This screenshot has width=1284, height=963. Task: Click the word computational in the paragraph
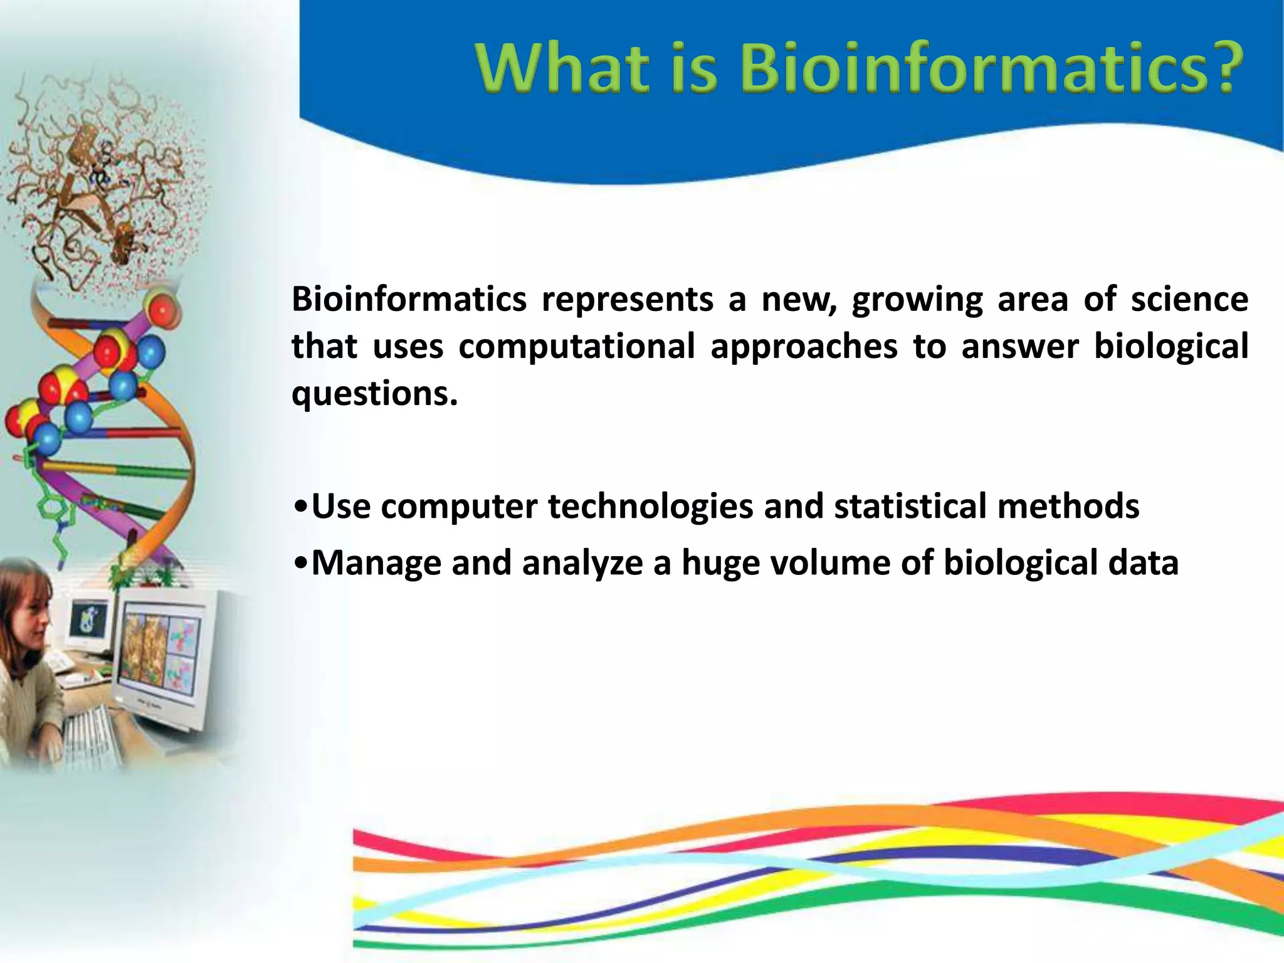click(576, 347)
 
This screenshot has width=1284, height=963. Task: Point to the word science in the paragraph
click(1189, 299)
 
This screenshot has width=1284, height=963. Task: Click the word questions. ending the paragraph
click(374, 394)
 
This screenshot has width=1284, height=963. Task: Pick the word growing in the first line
click(917, 300)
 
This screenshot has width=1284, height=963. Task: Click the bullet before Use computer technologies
click(300, 506)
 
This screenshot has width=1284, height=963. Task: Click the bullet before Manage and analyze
click(300, 562)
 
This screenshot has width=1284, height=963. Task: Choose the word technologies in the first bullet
click(650, 507)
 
